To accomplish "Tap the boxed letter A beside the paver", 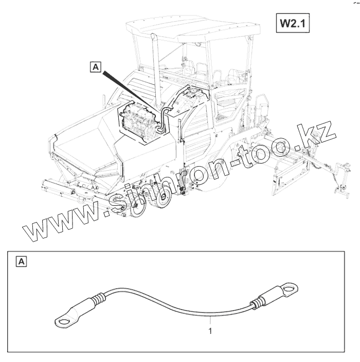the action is tap(96, 66).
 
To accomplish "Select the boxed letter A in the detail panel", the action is tap(22, 262).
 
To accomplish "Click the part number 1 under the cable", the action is tap(210, 331).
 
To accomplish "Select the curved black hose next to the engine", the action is tap(164, 116).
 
